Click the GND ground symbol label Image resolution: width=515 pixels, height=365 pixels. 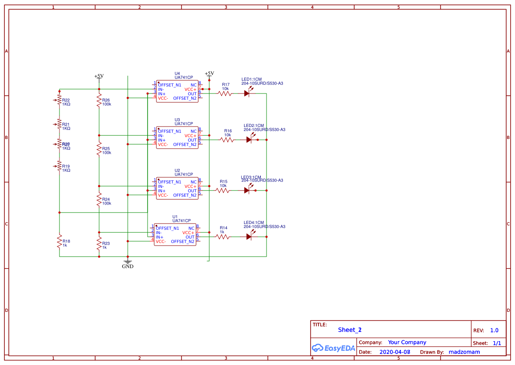tap(128, 266)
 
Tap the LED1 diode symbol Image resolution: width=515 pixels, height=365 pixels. tap(248, 93)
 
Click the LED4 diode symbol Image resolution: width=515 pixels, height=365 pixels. tap(249, 237)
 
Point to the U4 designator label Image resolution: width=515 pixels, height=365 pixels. tap(177, 74)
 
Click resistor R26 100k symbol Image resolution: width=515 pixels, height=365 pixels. tap(99, 101)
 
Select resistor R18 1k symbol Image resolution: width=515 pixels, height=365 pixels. tap(59, 242)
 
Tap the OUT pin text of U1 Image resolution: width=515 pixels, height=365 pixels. tap(190, 237)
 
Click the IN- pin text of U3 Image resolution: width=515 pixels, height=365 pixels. tap(161, 136)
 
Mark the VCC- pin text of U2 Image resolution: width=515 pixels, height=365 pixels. tap(163, 195)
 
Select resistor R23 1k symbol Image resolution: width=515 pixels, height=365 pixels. tap(99, 244)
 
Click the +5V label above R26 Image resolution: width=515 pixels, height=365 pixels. tap(99, 76)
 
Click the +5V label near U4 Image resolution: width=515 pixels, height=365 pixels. tap(209, 73)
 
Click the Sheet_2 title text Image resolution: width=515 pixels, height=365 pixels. tap(350, 330)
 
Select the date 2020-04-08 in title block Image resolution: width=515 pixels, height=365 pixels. tap(395, 352)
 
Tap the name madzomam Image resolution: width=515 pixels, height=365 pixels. tap(464, 352)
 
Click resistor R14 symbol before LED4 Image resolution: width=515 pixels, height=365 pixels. tap(222, 237)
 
